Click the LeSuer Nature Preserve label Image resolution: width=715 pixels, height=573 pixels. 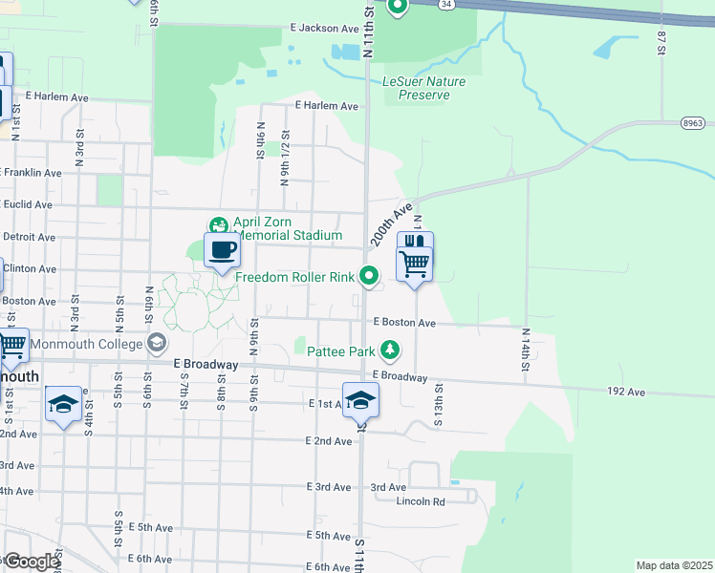point(423,88)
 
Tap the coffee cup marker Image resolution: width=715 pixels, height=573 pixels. point(222,250)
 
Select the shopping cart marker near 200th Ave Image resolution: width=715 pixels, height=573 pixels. point(414,263)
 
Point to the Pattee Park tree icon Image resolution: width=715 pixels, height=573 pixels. point(390,351)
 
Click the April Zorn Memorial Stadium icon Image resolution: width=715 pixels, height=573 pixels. point(219,225)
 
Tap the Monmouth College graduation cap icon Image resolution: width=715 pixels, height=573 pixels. point(156,343)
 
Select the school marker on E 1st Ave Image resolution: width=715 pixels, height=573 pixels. point(360,400)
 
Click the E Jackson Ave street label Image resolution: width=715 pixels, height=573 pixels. point(327,29)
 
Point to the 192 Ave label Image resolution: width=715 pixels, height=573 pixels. point(627,392)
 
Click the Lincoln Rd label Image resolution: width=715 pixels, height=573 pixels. point(422,501)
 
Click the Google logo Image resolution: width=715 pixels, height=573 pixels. point(31,562)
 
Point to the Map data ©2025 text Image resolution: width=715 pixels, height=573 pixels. point(674,565)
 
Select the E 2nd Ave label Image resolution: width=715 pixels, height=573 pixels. point(329,441)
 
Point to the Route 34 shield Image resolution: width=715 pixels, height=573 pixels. point(446,4)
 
